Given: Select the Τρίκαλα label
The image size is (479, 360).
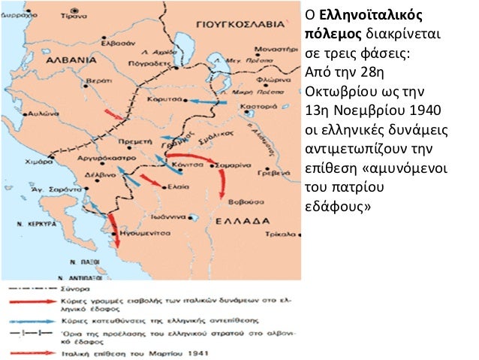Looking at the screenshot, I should coord(283,234).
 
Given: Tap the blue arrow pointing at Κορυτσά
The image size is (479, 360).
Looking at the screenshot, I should coord(205,100).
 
